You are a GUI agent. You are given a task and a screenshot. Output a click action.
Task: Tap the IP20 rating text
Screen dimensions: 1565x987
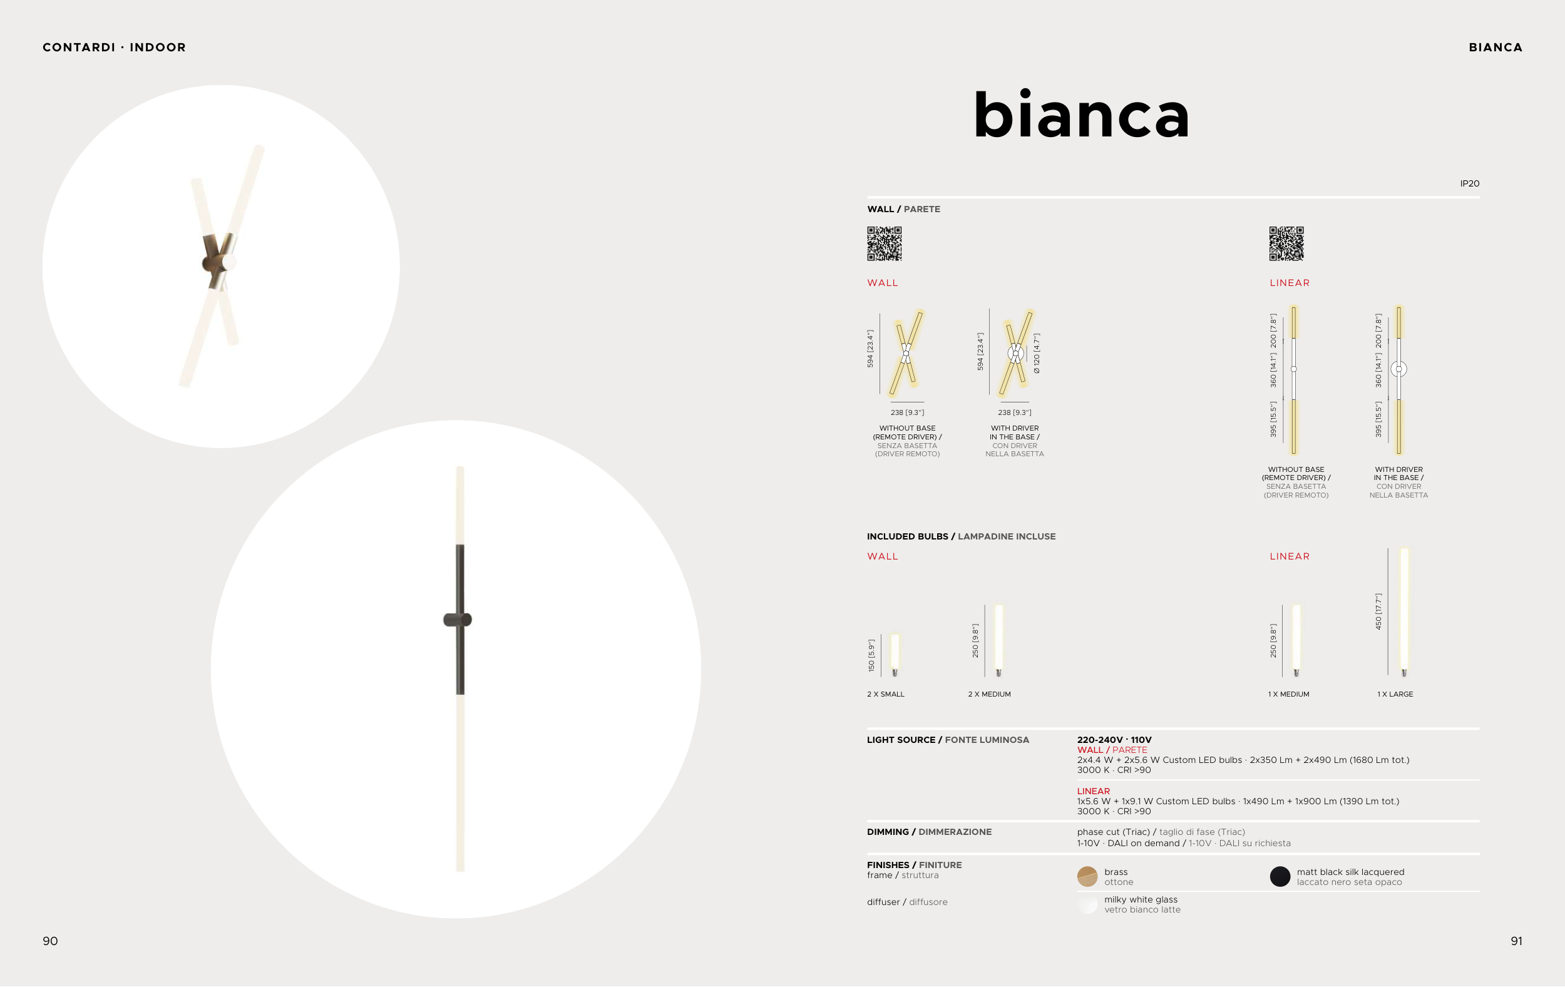(x=1469, y=183)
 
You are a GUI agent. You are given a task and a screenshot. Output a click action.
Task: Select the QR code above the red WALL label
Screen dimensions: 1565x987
(x=885, y=243)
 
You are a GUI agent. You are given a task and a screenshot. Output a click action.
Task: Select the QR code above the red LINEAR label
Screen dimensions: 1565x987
(x=1287, y=243)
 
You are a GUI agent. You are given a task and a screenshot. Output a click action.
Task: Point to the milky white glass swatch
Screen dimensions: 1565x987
(x=1087, y=904)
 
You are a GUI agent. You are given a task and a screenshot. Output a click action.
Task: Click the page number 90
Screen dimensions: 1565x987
(x=50, y=941)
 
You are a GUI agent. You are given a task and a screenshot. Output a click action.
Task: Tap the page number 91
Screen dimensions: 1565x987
(x=1516, y=941)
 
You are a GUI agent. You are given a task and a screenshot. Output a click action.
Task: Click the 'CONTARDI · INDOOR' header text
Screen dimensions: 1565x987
(x=115, y=48)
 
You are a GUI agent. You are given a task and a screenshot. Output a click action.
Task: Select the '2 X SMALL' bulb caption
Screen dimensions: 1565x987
(x=886, y=694)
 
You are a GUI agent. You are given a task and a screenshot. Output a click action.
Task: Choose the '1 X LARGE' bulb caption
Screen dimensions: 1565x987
(x=1395, y=694)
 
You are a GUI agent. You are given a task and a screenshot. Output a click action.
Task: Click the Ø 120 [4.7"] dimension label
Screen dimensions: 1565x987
(x=1037, y=354)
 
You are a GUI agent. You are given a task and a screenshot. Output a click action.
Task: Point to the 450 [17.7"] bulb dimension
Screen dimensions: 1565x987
(x=1378, y=611)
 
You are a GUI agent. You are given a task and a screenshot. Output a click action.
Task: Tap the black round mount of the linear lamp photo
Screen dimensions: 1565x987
(x=458, y=620)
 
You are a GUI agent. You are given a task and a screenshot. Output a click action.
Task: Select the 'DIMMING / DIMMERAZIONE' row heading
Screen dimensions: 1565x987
(x=930, y=832)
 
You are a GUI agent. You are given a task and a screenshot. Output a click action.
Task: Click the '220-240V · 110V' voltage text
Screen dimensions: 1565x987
(x=1114, y=739)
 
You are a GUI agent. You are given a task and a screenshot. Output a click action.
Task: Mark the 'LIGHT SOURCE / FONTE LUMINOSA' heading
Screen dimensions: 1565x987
(x=948, y=739)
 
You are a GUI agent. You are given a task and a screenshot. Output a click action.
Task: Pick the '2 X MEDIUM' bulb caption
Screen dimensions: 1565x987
(x=989, y=694)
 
